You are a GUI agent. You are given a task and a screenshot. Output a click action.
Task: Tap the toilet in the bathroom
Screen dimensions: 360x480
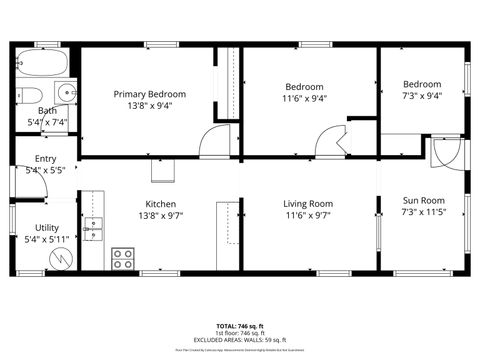tap(21, 95)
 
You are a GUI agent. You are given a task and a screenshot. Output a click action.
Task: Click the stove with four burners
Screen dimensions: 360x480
tap(124, 259)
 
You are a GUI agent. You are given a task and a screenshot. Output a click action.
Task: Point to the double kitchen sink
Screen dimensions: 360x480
tap(93, 230)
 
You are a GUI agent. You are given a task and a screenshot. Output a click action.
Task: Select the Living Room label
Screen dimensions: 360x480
tap(308, 203)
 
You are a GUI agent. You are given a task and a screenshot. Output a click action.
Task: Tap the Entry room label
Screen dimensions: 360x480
tap(46, 159)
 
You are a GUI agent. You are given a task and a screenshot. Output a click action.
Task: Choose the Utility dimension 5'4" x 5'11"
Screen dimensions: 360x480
tap(47, 239)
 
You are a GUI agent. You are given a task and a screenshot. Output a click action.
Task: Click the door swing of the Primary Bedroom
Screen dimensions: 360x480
tap(215, 141)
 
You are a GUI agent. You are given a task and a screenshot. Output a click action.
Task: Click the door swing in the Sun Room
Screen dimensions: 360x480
tap(445, 152)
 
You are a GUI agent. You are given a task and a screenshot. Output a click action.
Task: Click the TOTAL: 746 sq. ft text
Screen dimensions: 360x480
tap(240, 326)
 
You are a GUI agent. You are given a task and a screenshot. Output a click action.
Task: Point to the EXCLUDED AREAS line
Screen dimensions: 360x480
tap(240, 340)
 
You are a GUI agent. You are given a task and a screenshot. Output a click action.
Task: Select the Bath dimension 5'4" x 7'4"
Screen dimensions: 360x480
tap(47, 122)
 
